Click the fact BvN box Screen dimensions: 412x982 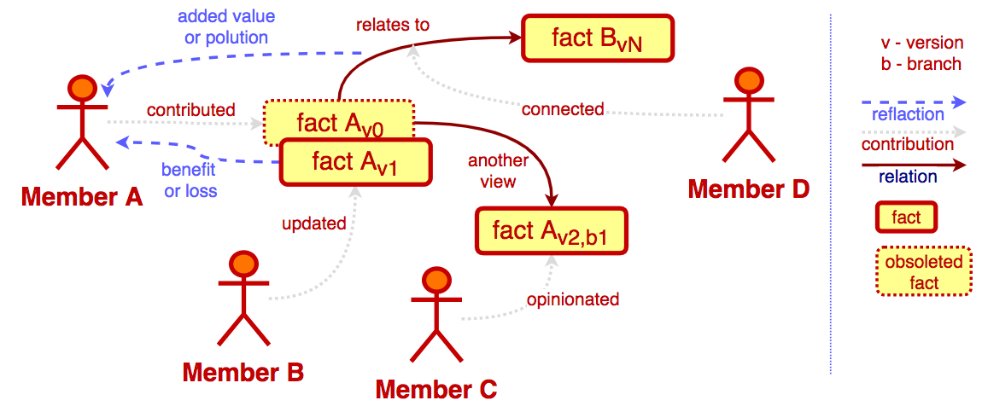[598, 38]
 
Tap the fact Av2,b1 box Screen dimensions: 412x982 [551, 231]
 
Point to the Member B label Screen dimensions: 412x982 [243, 372]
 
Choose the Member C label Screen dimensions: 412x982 [435, 390]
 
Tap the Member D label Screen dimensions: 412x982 [748, 189]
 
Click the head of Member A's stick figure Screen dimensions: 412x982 [82, 88]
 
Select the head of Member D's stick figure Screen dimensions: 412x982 [748, 81]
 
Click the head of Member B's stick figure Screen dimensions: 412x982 [244, 264]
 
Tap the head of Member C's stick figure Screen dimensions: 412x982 [435, 279]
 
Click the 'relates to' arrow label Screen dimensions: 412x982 [393, 25]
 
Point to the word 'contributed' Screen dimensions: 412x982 [190, 110]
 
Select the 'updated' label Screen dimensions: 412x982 [314, 224]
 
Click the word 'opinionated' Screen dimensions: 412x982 [572, 299]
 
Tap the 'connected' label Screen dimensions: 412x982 [563, 109]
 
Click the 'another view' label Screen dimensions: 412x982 [498, 171]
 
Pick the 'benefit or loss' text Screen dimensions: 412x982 [190, 179]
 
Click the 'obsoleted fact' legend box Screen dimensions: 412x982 [924, 272]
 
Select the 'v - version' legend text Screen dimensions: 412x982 [921, 44]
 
